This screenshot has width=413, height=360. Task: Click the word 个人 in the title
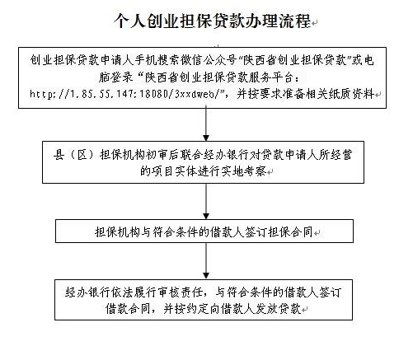pos(130,21)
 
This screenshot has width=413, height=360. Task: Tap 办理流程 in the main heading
pos(278,21)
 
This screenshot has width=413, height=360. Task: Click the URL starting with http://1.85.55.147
pos(125,94)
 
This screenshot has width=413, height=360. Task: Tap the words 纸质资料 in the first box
pos(351,94)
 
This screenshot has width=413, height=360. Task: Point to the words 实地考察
pos(244,171)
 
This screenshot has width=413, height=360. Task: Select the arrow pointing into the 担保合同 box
pos(206,201)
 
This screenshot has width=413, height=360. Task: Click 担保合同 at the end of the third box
pos(290,232)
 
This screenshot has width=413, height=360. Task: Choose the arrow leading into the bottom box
pos(206,261)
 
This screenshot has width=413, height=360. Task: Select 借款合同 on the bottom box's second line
pos(128,309)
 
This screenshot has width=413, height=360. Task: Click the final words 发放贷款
pos(279,309)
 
